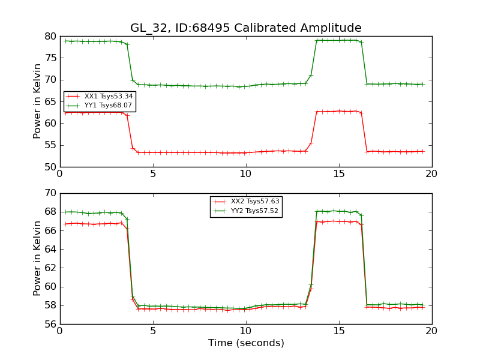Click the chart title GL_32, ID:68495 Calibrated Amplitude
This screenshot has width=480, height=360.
pyautogui.click(x=246, y=28)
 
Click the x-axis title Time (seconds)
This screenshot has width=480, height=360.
pyautogui.click(x=246, y=343)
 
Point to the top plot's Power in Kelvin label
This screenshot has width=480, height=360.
pyautogui.click(x=38, y=101)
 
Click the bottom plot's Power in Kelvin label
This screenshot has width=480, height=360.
pyautogui.click(x=38, y=259)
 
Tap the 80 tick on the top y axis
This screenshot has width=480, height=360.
pyautogui.click(x=50, y=36)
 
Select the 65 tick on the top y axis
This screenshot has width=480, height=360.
pyautogui.click(x=50, y=101)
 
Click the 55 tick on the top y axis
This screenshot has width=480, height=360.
pyautogui.click(x=50, y=145)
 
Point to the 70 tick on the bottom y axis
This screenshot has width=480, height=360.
pyautogui.click(x=50, y=193)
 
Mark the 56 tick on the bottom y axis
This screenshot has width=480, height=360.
pyautogui.click(x=50, y=324)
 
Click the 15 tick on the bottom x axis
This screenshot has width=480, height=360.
pyautogui.click(x=339, y=331)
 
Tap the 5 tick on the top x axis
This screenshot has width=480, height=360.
pyautogui.click(x=153, y=174)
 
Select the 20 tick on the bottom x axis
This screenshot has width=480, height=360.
pyautogui.click(x=432, y=331)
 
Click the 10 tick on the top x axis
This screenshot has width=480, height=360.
pyautogui.click(x=246, y=174)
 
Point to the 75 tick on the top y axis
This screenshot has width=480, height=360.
pyautogui.click(x=50, y=58)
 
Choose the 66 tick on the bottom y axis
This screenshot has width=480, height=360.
pyautogui.click(x=50, y=230)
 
